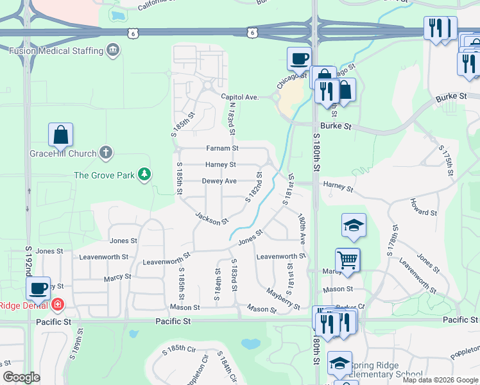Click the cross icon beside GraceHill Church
tap(106, 153)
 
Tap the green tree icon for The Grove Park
tap(145, 175)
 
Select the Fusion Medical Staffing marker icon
tap(113, 50)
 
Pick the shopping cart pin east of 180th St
tap(347, 261)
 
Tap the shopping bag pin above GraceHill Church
tap(60, 135)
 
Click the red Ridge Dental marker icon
tap(58, 305)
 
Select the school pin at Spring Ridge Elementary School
tap(339, 363)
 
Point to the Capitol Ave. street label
tap(239, 98)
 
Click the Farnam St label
tap(222, 148)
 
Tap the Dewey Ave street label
tap(219, 182)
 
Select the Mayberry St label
tap(284, 300)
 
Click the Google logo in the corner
tap(21, 377)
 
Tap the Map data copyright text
tap(440, 380)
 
